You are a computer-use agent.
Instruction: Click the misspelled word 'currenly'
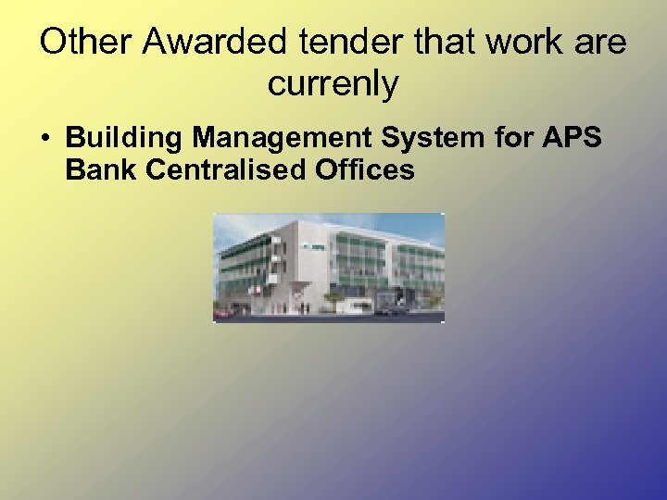[333, 84]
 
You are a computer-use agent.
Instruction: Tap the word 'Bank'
[96, 169]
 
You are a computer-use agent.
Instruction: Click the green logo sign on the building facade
[312, 246]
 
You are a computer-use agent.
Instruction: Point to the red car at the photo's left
[223, 312]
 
